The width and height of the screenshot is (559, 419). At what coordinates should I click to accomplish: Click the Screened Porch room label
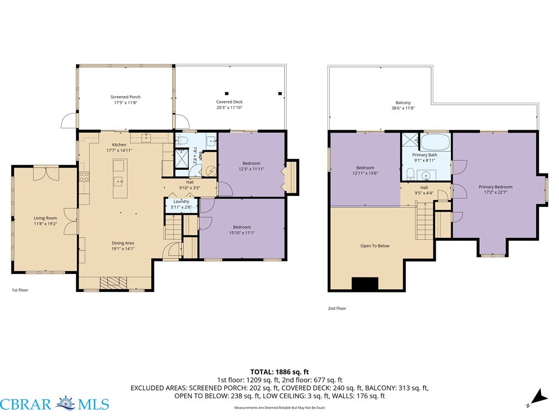click(x=126, y=97)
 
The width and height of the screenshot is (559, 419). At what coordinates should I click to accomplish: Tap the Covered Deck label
click(x=229, y=102)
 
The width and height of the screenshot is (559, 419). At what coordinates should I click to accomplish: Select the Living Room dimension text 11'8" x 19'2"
click(x=46, y=224)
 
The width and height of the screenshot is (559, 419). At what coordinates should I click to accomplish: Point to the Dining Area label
click(x=123, y=243)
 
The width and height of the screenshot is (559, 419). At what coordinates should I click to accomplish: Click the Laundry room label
click(x=181, y=202)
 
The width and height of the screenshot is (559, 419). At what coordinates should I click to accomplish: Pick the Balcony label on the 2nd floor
click(x=403, y=103)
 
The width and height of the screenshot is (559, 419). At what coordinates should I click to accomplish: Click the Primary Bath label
click(x=425, y=155)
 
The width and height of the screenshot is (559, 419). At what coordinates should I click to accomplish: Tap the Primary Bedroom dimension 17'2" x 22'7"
click(x=496, y=193)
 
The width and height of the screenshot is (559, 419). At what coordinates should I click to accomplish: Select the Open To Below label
click(x=374, y=246)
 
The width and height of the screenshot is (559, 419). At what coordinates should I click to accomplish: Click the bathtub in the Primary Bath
click(x=435, y=142)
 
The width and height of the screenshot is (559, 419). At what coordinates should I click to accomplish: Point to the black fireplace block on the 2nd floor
click(x=365, y=284)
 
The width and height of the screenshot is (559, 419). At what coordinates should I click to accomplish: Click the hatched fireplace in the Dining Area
click(x=114, y=283)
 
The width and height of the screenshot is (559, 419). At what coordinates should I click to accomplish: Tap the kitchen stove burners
click(x=84, y=177)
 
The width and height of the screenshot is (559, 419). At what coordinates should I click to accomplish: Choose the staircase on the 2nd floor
click(x=425, y=222)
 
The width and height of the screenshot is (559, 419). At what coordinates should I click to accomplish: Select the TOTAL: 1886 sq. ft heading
click(x=279, y=372)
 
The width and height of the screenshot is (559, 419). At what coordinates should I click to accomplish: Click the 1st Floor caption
click(x=20, y=290)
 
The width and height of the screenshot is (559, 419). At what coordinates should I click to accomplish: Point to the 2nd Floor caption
click(x=337, y=309)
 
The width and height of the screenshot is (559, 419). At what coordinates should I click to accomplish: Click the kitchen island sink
click(x=118, y=182)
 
